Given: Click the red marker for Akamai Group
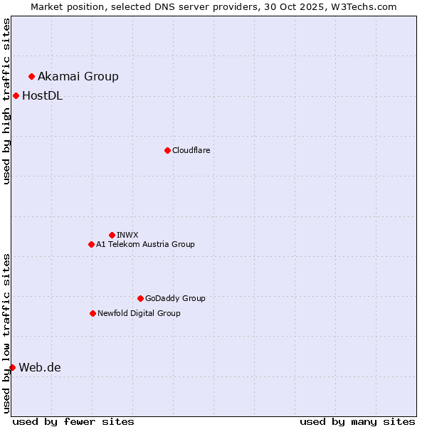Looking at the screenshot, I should point(31,76).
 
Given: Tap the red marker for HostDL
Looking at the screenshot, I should point(16,95).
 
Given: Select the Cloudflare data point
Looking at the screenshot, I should point(167,150).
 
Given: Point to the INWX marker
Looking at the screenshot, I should point(112,235).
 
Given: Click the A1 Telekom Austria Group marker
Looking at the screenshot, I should point(91,244).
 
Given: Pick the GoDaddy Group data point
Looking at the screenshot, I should point(140,298).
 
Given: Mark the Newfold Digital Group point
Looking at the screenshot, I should point(93,313).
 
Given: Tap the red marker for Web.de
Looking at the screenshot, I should point(12,367).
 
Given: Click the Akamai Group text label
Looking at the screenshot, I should point(78,76).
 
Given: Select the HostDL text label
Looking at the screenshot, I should point(43,96).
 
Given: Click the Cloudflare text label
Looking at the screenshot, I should point(191,150).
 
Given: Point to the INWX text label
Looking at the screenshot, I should point(127,235).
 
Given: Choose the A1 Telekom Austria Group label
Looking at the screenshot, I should point(145,244).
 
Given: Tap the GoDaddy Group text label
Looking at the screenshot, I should point(175,298).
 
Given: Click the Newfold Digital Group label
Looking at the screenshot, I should point(139,313).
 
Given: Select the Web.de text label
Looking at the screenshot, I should point(40,367).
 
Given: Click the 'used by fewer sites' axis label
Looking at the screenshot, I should point(73,421).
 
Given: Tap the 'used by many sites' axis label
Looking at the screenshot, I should point(357,421).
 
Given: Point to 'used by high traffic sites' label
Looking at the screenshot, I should point(6,101).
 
